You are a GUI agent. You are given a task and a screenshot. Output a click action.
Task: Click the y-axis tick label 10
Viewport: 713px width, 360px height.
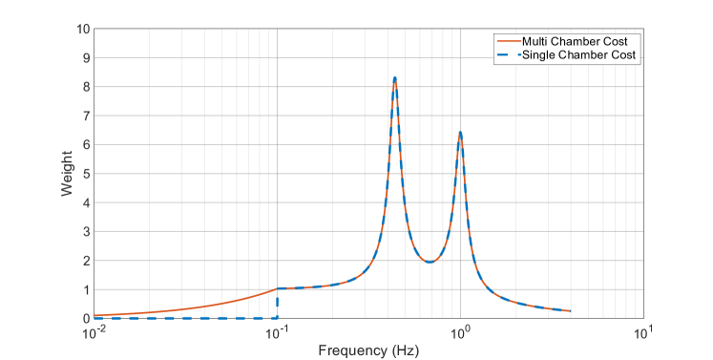click(84, 30)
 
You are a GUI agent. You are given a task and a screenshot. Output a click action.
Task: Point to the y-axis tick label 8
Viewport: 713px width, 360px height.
click(87, 87)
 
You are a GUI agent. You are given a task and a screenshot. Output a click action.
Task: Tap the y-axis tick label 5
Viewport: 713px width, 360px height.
click(87, 174)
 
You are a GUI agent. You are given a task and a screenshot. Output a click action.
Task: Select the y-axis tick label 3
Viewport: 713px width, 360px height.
click(87, 231)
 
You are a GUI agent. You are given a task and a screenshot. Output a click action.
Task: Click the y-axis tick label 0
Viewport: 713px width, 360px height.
click(87, 318)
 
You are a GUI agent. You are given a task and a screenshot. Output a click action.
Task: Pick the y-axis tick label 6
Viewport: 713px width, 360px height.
click(87, 145)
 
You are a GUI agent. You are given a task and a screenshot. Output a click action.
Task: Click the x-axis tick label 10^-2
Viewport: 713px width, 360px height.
click(94, 330)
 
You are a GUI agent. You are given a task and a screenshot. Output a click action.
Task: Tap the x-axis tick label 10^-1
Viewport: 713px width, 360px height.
click(277, 330)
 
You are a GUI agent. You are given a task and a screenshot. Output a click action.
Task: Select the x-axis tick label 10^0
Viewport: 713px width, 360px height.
click(461, 330)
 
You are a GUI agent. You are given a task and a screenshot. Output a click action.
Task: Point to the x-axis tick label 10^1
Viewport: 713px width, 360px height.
click(644, 330)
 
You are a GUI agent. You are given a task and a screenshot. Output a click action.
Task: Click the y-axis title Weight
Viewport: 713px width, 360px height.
click(68, 174)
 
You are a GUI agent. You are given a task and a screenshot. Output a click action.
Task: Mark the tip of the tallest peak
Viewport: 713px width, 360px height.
click(395, 77)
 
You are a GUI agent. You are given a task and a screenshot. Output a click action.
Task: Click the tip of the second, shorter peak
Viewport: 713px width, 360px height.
click(460, 133)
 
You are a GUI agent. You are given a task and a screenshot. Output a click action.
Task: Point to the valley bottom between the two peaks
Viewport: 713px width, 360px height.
click(431, 262)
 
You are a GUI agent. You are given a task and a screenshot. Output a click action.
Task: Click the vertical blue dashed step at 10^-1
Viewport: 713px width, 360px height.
click(277, 304)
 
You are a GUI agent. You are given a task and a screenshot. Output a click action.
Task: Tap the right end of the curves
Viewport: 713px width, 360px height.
click(571, 311)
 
